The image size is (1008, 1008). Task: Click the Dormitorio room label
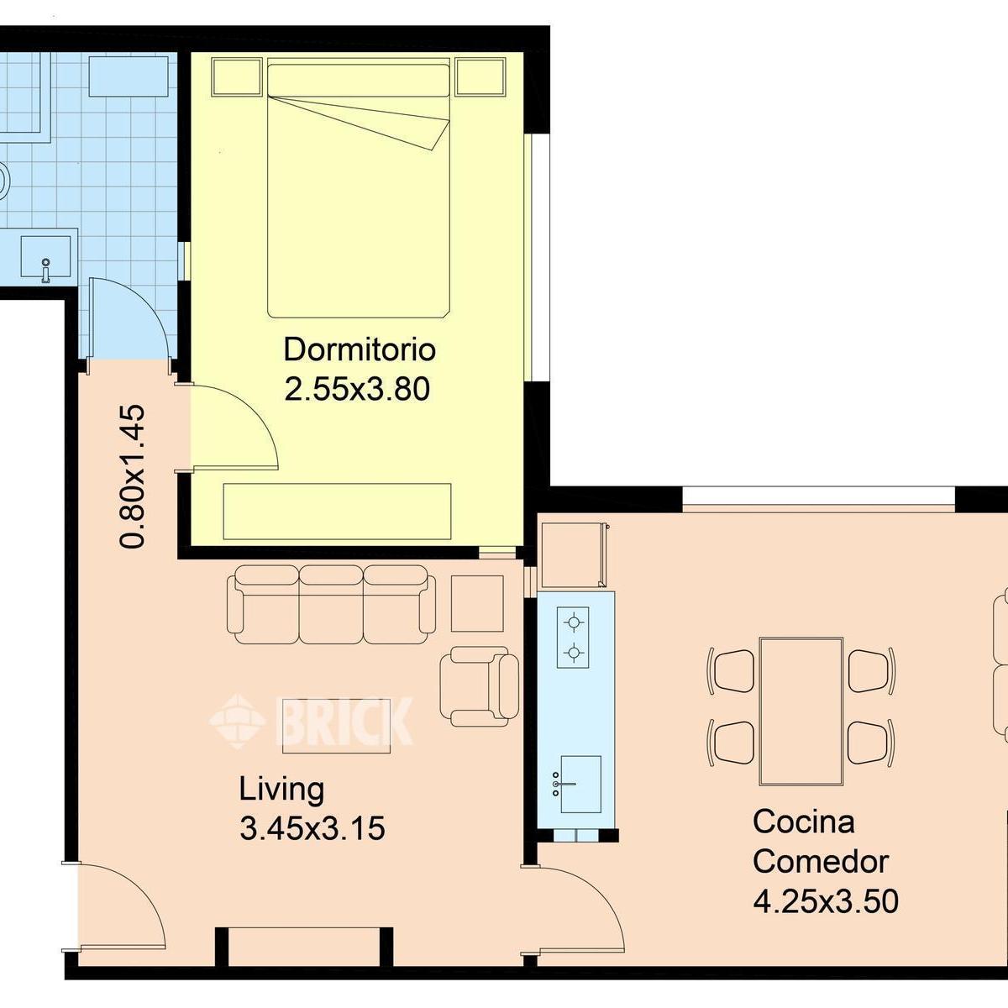tap(360, 349)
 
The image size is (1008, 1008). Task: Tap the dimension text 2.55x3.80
tap(357, 389)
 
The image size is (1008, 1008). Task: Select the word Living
tap(281, 790)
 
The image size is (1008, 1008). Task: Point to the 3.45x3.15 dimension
tap(312, 830)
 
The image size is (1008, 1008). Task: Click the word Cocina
tap(804, 822)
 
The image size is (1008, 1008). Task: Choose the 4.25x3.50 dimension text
tap(826, 901)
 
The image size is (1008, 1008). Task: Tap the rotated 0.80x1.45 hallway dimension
tap(132, 476)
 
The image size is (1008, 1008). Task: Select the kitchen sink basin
tap(580, 784)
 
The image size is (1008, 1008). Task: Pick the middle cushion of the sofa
tap(331, 604)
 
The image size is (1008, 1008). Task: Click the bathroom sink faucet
tap(46, 270)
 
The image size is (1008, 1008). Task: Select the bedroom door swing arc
tap(251, 413)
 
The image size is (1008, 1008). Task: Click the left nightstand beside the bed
tap(236, 77)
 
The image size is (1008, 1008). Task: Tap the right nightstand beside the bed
tap(480, 77)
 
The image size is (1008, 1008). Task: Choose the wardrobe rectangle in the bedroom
tap(338, 512)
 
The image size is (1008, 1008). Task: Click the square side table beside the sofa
tap(477, 604)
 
